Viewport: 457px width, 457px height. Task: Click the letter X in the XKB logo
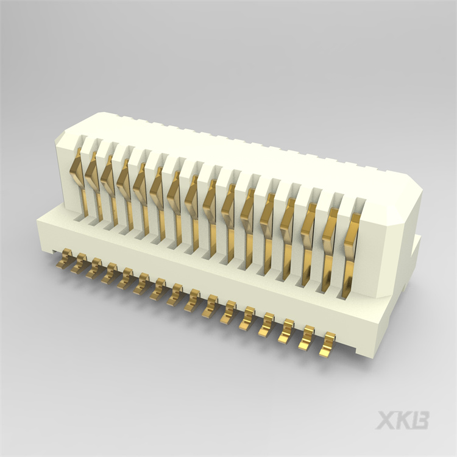386,420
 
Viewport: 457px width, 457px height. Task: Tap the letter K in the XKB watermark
404,420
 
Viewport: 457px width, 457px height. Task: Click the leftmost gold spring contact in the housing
78,174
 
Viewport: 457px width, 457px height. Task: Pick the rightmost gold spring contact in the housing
351,247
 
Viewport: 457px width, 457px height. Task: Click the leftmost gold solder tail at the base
64,261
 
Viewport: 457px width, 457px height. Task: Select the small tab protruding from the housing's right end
416,247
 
